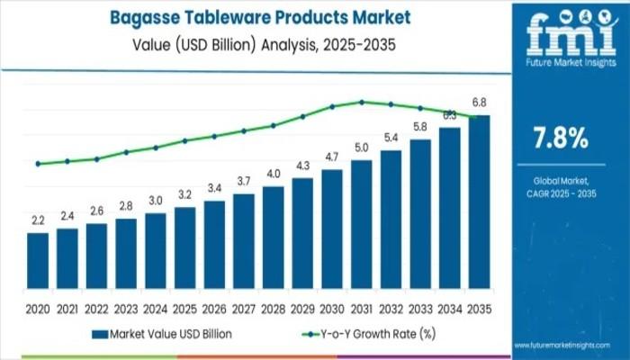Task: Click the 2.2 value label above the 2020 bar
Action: pos(38,220)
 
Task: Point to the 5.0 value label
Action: pos(362,148)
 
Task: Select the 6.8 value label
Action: pos(480,102)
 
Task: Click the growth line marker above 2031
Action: pos(362,102)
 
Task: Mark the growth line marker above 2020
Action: pos(38,164)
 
